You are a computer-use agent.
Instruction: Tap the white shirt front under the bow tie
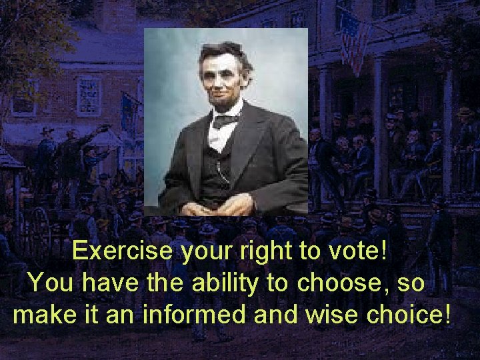[220, 137]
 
